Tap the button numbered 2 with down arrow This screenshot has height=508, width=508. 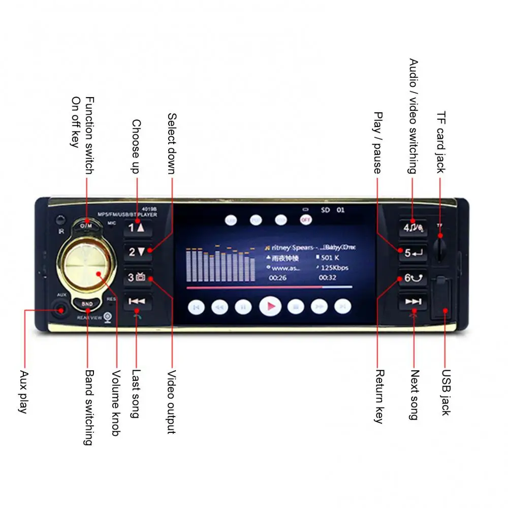click(137, 251)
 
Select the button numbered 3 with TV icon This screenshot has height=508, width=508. click(137, 277)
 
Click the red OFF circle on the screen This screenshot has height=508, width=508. click(305, 219)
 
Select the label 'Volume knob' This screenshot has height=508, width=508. click(116, 402)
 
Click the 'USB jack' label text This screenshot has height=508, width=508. click(446, 392)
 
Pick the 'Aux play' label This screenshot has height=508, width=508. click(22, 392)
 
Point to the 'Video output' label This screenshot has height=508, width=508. click(171, 402)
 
